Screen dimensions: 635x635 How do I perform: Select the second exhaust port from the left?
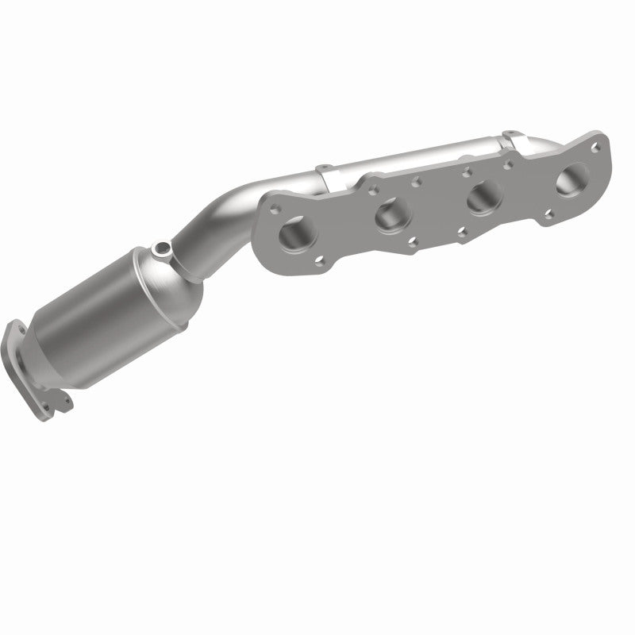[x=391, y=214]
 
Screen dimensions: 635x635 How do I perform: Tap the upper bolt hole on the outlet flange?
[x=17, y=334]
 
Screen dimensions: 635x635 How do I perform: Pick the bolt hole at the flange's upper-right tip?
[x=595, y=148]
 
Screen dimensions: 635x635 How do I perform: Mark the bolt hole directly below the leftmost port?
[x=318, y=259]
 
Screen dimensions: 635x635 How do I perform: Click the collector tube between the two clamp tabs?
[x=413, y=154]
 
